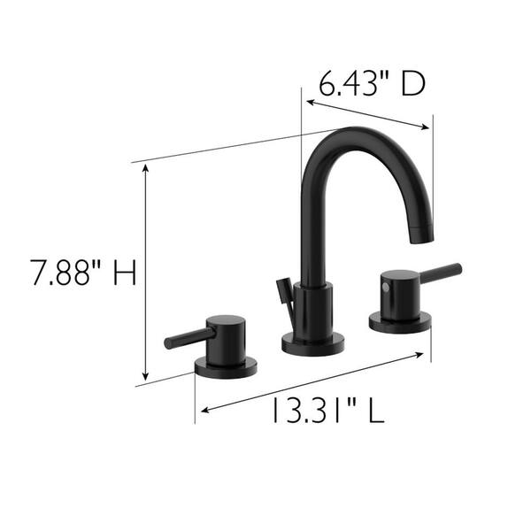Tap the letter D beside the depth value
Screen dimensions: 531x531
(412, 84)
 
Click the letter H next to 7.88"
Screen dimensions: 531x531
(125, 272)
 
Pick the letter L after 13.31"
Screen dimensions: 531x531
(377, 411)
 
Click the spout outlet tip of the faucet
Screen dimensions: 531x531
(421, 235)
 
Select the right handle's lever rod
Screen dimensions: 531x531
(441, 272)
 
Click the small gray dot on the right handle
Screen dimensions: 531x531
(385, 287)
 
